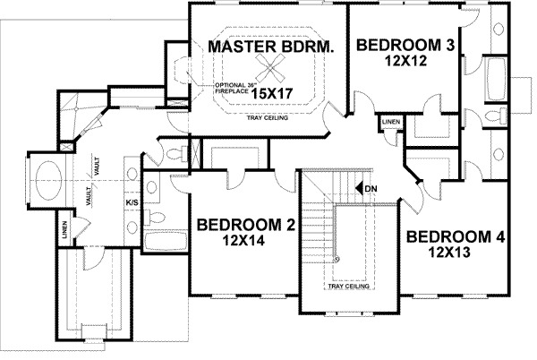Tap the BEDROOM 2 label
pyautogui.click(x=246, y=225)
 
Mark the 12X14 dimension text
pyautogui.click(x=246, y=240)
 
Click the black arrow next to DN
pyautogui.click(x=358, y=189)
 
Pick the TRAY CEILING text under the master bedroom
pyautogui.click(x=266, y=116)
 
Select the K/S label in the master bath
pyautogui.click(x=131, y=202)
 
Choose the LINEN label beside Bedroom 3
pyautogui.click(x=391, y=121)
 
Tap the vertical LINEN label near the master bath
pyautogui.click(x=64, y=231)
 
